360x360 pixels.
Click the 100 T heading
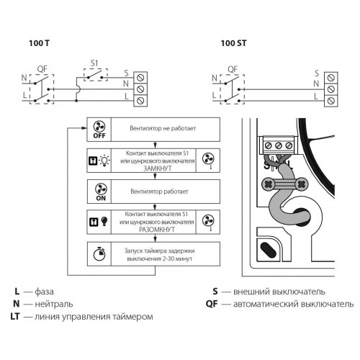(x=39, y=43)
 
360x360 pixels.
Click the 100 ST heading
(x=233, y=43)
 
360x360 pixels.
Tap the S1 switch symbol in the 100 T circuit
(x=96, y=75)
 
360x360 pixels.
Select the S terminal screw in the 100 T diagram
(x=140, y=78)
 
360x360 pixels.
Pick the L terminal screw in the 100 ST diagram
(x=331, y=100)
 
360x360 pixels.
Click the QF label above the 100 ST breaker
(x=233, y=70)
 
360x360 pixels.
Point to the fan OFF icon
(x=99, y=130)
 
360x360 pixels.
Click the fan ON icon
(x=101, y=192)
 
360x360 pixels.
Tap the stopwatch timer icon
(x=99, y=253)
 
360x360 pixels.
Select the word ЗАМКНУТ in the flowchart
(x=158, y=168)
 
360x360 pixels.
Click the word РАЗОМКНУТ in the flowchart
(x=157, y=230)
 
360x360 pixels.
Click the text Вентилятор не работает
(x=163, y=128)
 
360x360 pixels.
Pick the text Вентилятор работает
(x=159, y=192)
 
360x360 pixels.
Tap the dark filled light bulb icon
(x=104, y=221)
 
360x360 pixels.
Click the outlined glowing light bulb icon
(x=104, y=161)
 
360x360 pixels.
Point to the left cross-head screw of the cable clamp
(x=267, y=184)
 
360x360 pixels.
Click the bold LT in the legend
(x=14, y=316)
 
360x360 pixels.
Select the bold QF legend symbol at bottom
(x=212, y=304)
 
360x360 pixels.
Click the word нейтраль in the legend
(x=54, y=304)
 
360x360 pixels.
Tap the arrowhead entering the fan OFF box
(x=84, y=128)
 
